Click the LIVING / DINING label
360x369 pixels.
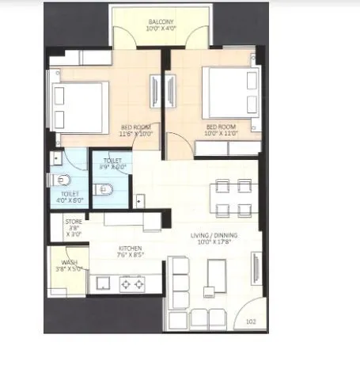click(214, 236)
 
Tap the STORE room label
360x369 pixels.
click(74, 222)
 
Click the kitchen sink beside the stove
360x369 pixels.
click(102, 282)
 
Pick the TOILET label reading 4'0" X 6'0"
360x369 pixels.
click(70, 196)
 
